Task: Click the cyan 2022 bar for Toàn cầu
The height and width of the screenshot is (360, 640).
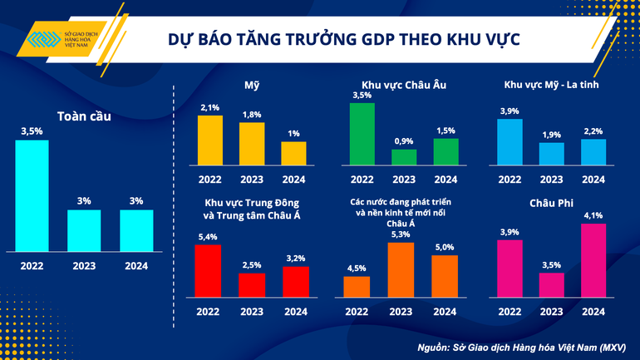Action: tap(32, 195)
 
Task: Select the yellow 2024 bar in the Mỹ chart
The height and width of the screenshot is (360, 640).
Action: tap(293, 154)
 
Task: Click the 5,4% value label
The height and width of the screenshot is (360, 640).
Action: tap(208, 237)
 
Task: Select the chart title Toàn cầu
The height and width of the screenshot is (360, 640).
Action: tap(84, 116)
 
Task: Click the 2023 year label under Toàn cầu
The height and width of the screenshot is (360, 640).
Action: tap(84, 266)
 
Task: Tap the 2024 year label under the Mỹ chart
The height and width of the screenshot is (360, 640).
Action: tap(293, 179)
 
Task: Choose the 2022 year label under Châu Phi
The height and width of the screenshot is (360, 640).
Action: tap(510, 312)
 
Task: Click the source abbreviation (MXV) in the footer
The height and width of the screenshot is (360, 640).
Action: tap(613, 345)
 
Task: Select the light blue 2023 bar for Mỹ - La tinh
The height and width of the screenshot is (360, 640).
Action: tap(552, 154)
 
